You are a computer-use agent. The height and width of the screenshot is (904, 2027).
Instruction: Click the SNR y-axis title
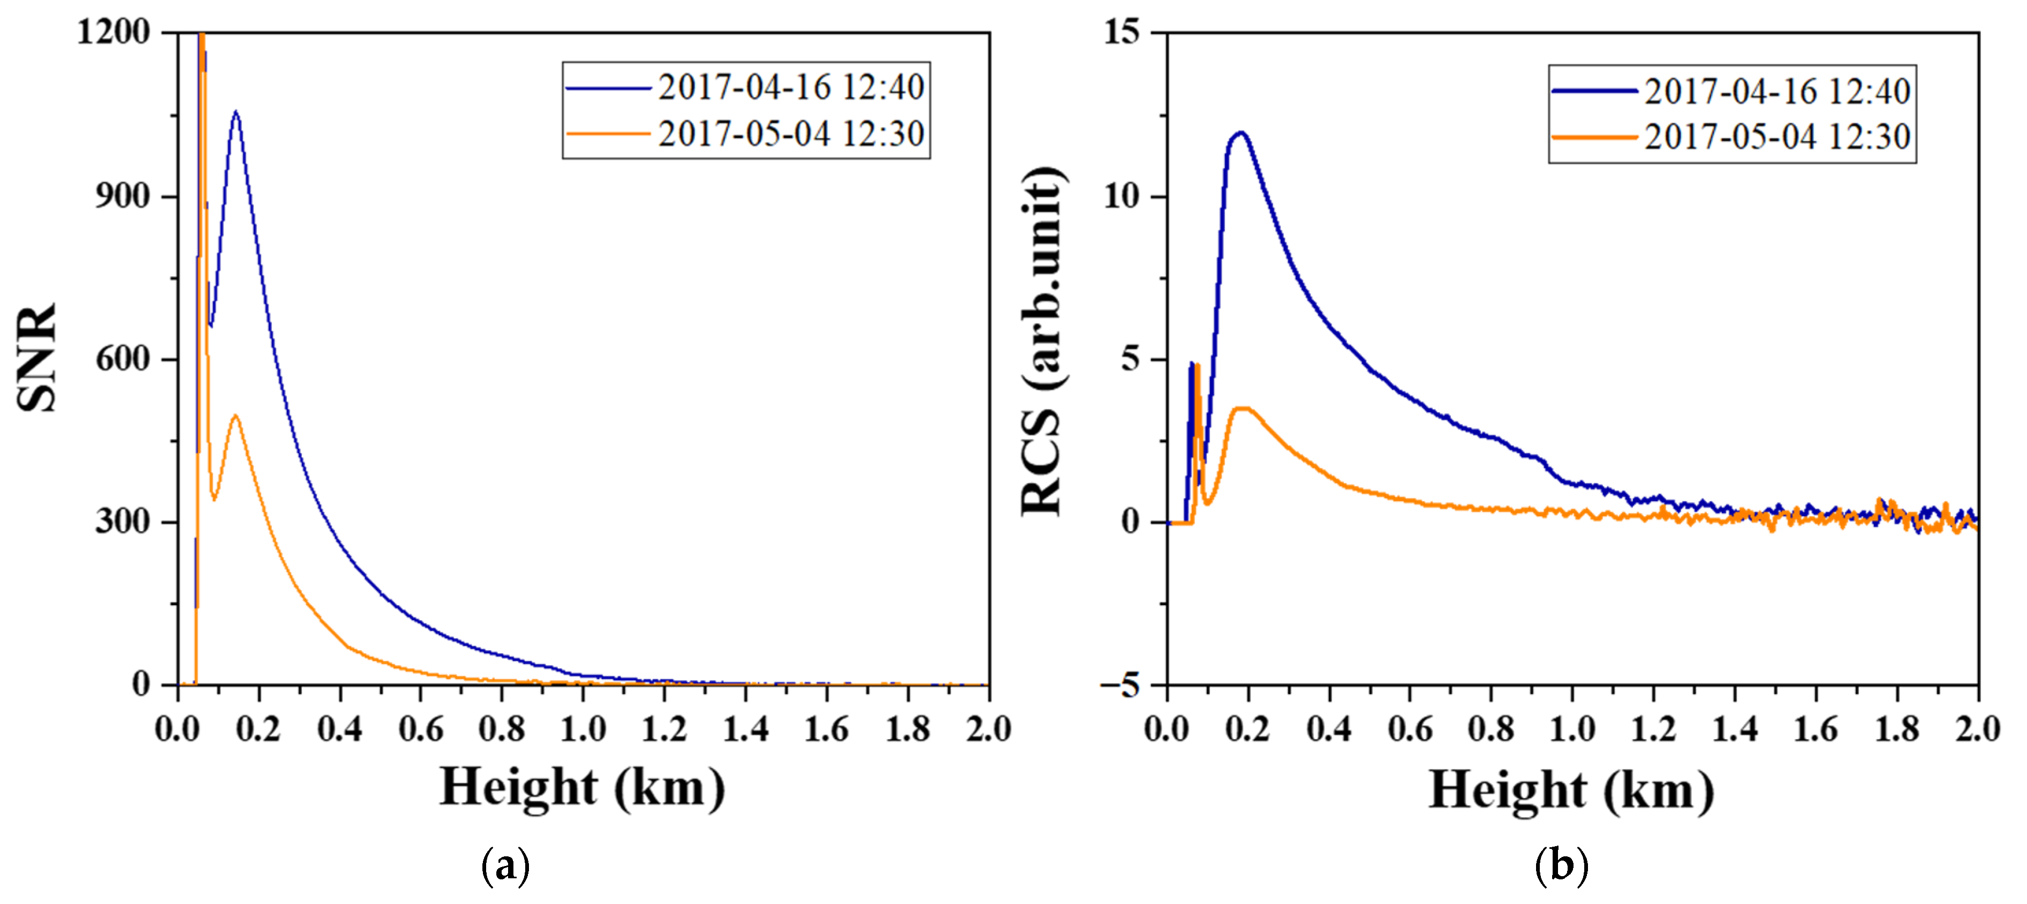click(x=37, y=358)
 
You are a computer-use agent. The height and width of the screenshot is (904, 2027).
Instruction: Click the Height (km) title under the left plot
click(x=583, y=788)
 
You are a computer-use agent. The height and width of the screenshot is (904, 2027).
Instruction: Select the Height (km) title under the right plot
click(x=1571, y=790)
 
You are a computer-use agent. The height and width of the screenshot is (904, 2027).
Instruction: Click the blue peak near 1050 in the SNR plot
click(x=235, y=112)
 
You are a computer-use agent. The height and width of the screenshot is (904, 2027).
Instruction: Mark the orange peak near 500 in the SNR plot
click(x=235, y=416)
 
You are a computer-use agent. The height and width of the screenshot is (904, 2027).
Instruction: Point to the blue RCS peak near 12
click(x=1241, y=133)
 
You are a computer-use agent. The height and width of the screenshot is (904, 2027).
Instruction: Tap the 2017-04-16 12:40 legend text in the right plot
click(x=1777, y=91)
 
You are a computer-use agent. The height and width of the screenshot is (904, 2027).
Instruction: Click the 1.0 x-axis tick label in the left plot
click(x=583, y=729)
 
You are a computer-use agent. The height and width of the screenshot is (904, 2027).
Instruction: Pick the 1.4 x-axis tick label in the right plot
click(x=1735, y=729)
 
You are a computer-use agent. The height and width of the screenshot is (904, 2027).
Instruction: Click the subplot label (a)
click(x=505, y=866)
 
